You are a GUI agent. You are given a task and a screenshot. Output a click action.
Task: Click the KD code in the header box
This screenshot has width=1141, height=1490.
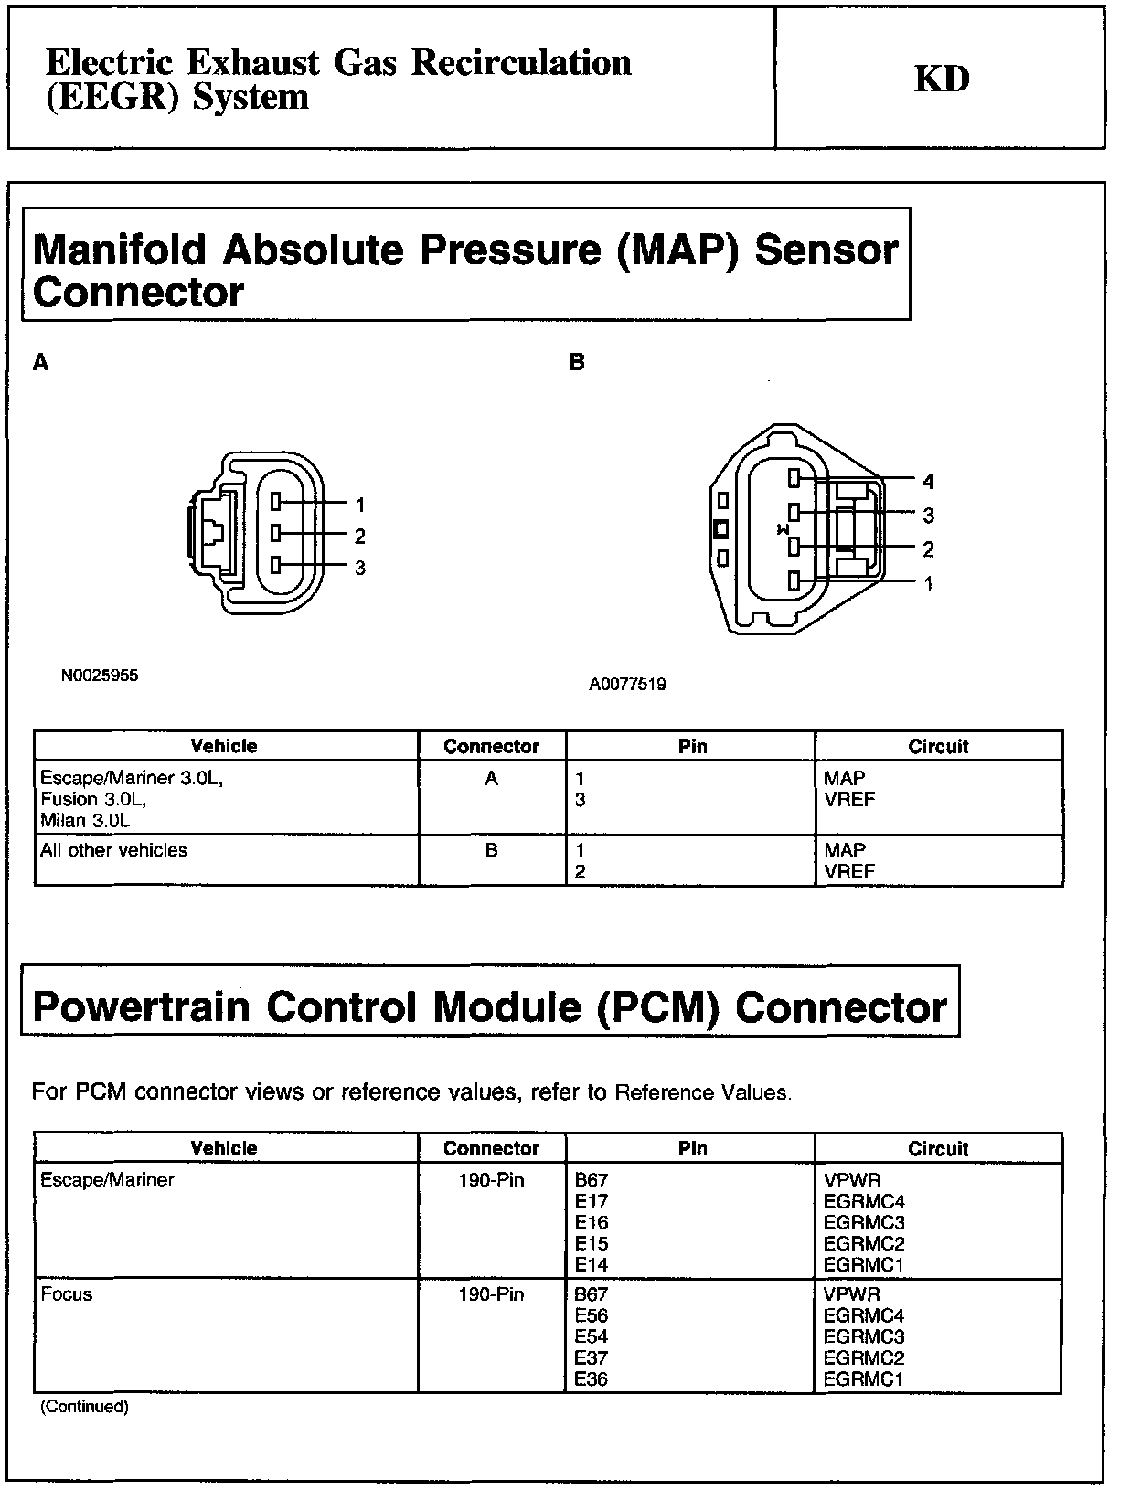(x=941, y=80)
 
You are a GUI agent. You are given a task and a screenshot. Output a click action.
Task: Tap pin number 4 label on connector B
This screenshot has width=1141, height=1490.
(x=928, y=482)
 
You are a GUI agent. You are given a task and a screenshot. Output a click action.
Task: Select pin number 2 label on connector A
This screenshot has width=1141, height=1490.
(x=360, y=537)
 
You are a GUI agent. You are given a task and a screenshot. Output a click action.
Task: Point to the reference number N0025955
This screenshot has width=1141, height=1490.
(x=100, y=676)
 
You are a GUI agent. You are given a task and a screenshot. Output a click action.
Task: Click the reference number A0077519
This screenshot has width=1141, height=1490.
(x=627, y=684)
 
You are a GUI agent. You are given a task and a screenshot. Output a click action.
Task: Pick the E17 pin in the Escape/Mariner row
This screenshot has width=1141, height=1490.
(x=592, y=1201)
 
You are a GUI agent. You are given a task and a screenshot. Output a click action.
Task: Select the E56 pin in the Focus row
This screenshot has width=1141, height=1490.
(x=592, y=1316)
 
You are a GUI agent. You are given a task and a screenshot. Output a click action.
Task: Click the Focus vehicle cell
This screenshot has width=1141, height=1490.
(x=67, y=1294)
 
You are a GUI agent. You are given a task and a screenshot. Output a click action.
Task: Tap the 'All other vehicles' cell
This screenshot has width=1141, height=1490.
(x=113, y=850)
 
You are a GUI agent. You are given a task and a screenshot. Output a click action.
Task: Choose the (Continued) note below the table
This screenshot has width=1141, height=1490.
(x=84, y=1407)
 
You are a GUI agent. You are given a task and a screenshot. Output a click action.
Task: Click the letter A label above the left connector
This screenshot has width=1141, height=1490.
(x=40, y=364)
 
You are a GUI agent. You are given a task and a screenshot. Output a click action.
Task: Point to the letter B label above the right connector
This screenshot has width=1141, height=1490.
(x=577, y=363)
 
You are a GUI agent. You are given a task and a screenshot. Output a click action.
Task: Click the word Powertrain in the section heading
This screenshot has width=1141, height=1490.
(x=141, y=1007)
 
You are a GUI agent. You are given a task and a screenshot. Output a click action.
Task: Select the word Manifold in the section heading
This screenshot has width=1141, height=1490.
(x=120, y=250)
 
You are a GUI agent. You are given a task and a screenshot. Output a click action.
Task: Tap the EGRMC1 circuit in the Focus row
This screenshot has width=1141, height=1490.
(x=863, y=1379)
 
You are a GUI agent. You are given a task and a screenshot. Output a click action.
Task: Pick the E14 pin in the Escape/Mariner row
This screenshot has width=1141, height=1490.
(x=592, y=1265)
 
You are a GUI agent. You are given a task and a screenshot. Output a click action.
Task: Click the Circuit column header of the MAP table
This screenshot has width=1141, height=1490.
(x=938, y=746)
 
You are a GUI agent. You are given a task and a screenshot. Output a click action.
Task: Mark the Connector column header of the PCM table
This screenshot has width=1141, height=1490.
(x=491, y=1148)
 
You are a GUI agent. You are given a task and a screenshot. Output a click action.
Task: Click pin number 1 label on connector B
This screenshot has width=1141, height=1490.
(x=928, y=584)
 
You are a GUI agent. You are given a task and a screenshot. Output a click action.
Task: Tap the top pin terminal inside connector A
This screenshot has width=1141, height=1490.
(x=275, y=502)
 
